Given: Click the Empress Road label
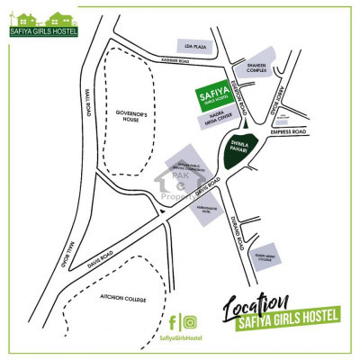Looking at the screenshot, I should point(293,131).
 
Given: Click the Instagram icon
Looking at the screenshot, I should point(191,321).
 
